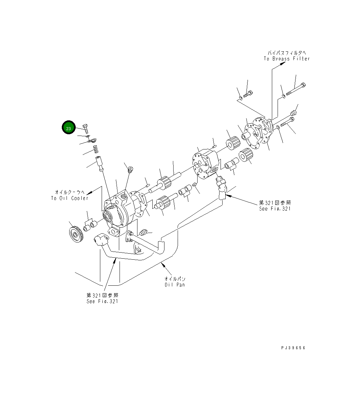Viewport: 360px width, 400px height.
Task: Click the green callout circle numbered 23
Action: [x=69, y=128]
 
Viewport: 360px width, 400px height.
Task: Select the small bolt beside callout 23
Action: [x=86, y=128]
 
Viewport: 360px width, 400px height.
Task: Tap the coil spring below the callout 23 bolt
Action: [x=96, y=149]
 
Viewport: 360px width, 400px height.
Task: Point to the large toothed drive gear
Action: [x=75, y=234]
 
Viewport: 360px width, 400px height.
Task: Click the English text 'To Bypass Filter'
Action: [x=286, y=59]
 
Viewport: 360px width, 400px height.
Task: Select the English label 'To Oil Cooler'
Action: [x=70, y=198]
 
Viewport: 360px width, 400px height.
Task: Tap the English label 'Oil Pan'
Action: [x=175, y=285]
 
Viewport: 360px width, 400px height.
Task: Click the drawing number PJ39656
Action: [x=293, y=348]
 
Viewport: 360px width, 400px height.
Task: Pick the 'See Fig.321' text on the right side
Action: [x=275, y=209]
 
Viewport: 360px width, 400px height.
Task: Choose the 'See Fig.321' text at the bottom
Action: [x=102, y=301]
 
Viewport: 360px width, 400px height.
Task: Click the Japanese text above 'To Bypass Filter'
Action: [x=287, y=53]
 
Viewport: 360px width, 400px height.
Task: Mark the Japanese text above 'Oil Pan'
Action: [x=175, y=279]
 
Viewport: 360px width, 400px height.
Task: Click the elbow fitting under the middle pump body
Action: [x=221, y=188]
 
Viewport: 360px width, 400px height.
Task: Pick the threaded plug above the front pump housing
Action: [x=131, y=169]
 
